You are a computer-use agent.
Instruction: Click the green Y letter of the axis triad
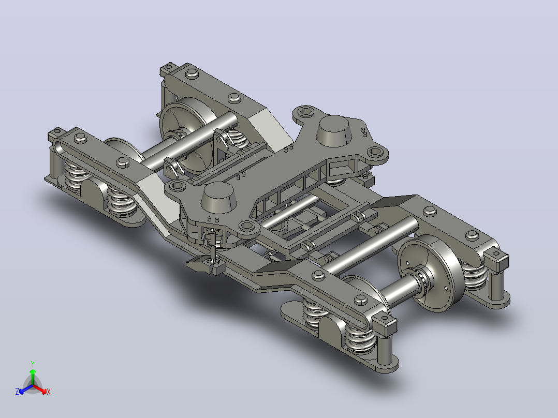[x=33, y=364]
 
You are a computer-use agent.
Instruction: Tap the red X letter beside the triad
[x=49, y=392]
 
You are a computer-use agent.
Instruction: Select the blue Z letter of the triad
[x=17, y=392]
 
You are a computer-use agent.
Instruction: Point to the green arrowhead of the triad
[x=33, y=371]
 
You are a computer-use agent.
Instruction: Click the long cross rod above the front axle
[x=371, y=245]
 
